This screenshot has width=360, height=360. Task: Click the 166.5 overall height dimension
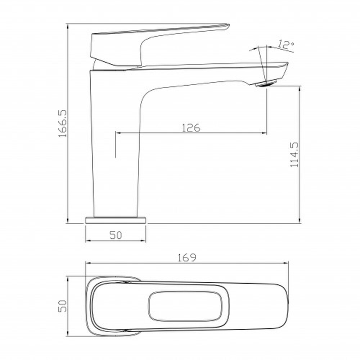62,123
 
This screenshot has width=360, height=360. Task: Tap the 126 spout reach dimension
191,128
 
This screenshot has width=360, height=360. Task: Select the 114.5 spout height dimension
294,155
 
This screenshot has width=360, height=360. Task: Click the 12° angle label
285,45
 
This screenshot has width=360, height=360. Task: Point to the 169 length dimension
187,258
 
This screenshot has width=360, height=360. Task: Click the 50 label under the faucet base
116,235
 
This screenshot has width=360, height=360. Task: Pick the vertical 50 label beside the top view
62,306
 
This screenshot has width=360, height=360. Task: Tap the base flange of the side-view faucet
116,220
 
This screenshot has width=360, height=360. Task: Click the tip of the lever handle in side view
229,25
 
